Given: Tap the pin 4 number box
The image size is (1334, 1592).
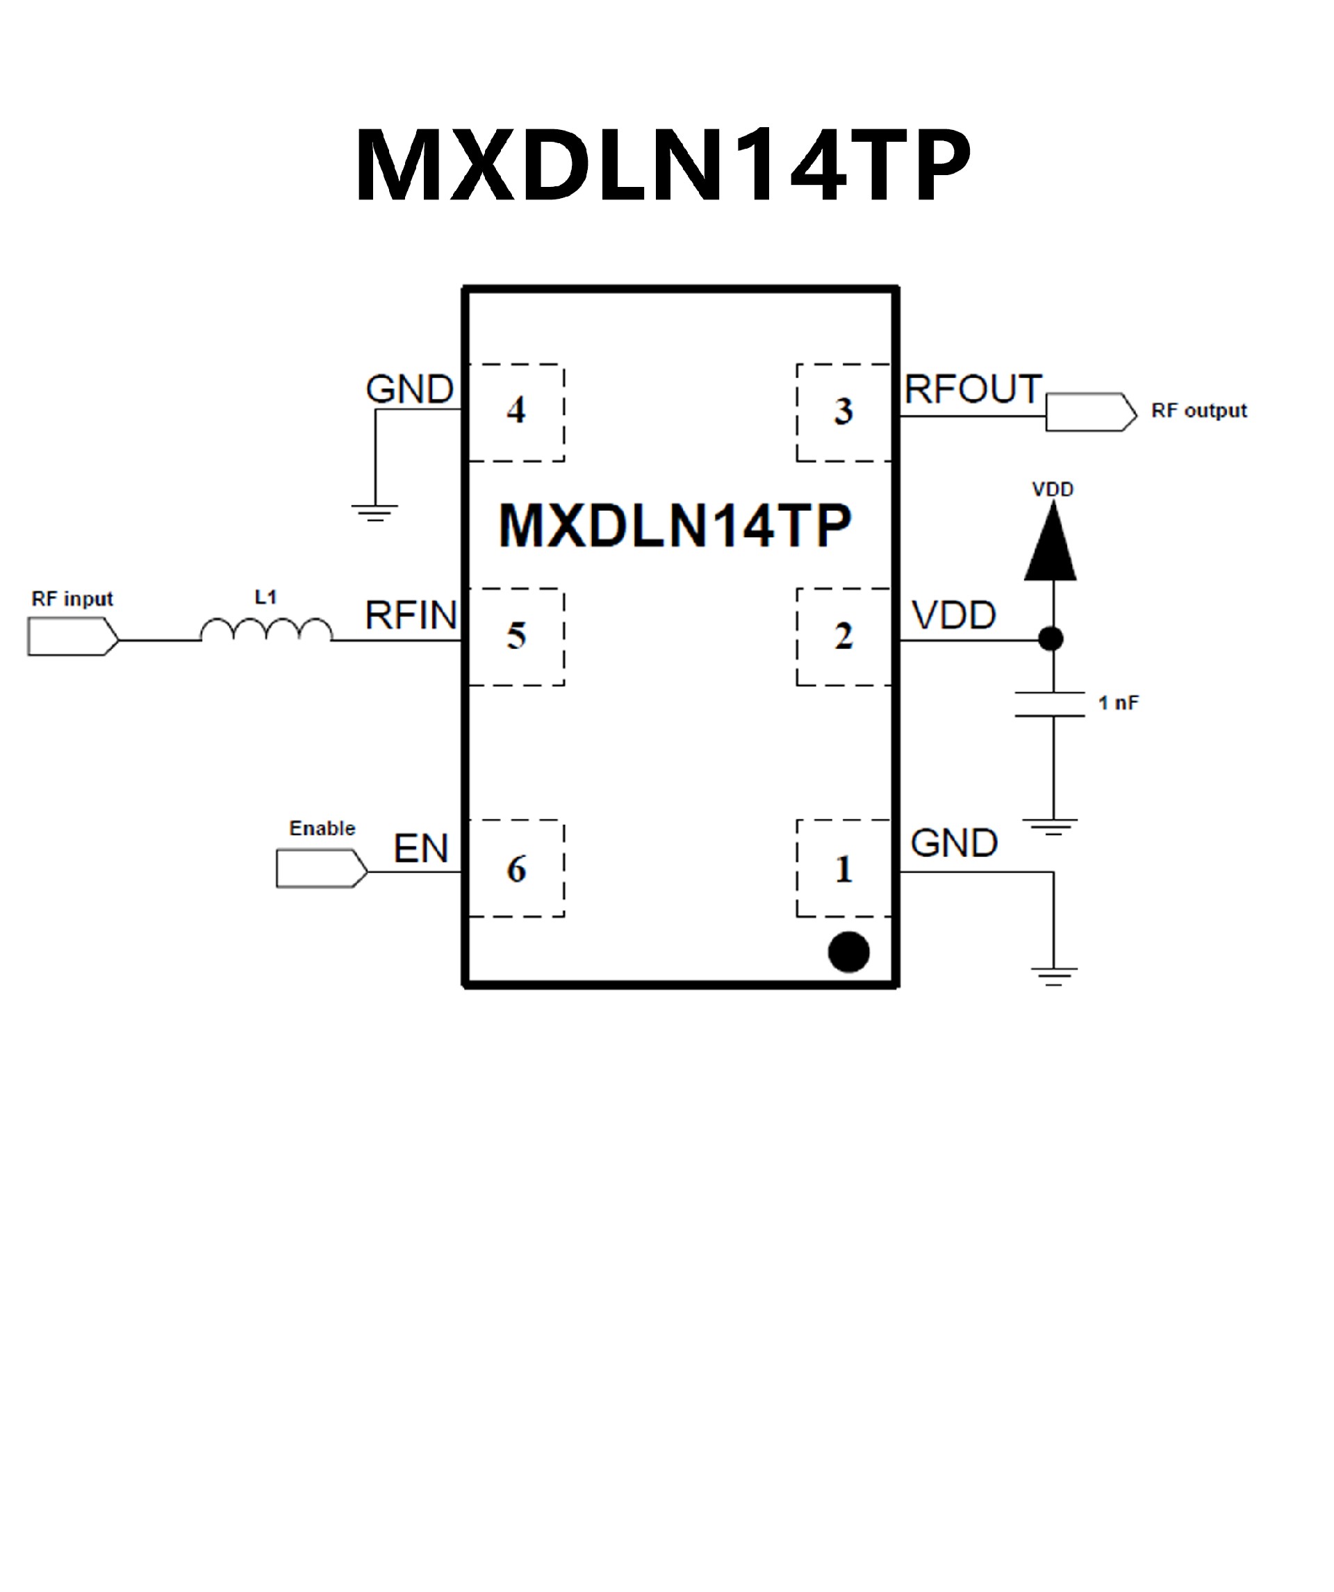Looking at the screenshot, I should (x=516, y=411).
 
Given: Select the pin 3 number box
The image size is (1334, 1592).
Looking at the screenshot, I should (x=843, y=411).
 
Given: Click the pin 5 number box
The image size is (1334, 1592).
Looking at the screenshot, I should (x=516, y=636).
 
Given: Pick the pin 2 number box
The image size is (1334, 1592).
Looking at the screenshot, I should (x=843, y=636).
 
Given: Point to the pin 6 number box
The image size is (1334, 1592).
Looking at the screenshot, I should (x=516, y=868).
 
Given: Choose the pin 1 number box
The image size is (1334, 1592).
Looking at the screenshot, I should (x=843, y=868).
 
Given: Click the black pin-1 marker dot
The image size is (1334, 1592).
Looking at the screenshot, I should (x=848, y=951).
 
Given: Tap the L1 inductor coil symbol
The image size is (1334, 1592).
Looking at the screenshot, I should (x=266, y=630).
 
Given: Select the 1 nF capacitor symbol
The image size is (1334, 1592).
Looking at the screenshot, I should (x=1051, y=704).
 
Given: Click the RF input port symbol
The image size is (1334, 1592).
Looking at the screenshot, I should (x=73, y=636).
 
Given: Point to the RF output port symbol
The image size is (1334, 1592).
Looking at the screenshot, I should (x=1091, y=412).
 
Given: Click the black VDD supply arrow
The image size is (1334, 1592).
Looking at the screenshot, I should (x=1051, y=543).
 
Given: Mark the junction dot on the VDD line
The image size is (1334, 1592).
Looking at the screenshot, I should (x=1051, y=639).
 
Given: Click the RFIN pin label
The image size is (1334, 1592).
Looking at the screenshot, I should (x=411, y=615).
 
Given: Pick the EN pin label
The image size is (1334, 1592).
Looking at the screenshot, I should (x=420, y=848).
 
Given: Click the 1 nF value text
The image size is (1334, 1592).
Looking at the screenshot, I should (x=1118, y=703).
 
